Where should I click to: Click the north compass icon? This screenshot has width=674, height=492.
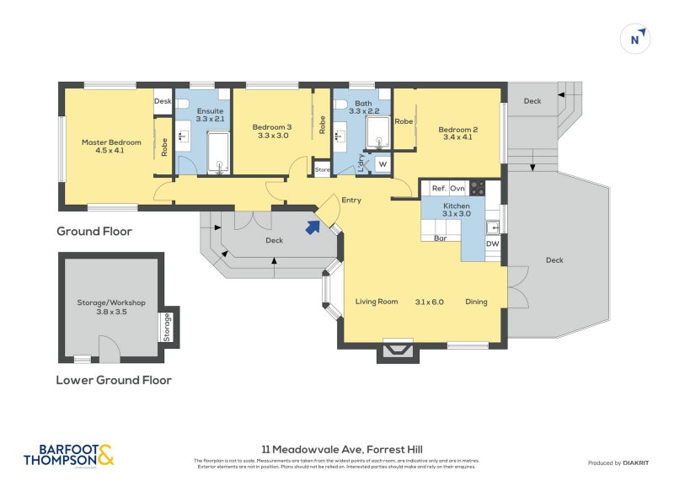(x=636, y=39)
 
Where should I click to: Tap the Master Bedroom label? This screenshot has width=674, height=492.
(x=111, y=147)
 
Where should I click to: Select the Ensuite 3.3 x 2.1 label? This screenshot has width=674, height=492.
(x=210, y=115)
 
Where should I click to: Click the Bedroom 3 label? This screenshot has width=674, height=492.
(x=272, y=131)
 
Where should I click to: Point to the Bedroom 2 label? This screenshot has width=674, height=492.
(x=458, y=134)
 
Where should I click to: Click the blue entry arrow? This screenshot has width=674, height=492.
(x=313, y=226)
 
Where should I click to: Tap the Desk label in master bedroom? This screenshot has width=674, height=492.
(x=163, y=101)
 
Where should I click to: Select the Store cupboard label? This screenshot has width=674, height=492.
(x=322, y=169)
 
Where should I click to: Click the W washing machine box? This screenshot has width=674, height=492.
(x=382, y=163)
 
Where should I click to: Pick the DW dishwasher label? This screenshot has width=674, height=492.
(x=495, y=244)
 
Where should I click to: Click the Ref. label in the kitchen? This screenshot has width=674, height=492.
(x=438, y=189)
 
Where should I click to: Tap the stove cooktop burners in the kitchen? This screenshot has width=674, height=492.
(x=477, y=189)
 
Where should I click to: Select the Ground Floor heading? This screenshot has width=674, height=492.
(x=94, y=231)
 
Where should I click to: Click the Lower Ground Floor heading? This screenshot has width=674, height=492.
(x=114, y=380)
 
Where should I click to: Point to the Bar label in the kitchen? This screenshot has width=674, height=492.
(x=439, y=238)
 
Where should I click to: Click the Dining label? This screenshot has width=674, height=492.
(x=477, y=302)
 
